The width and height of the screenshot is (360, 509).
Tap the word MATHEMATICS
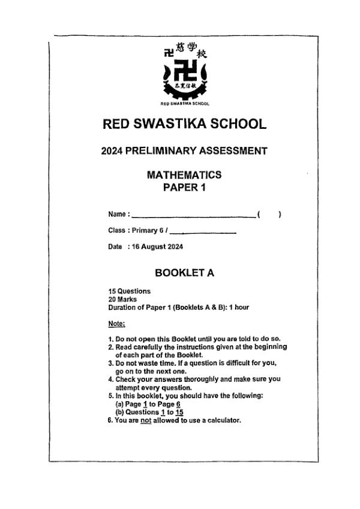click(184, 175)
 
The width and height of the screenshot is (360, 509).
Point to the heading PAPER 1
click(184, 188)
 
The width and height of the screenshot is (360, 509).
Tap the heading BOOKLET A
click(184, 273)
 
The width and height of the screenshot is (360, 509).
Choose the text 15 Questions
click(129, 291)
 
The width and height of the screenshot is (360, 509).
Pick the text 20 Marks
click(122, 299)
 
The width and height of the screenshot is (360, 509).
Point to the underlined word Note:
click(116, 324)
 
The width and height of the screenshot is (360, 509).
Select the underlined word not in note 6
click(144, 420)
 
